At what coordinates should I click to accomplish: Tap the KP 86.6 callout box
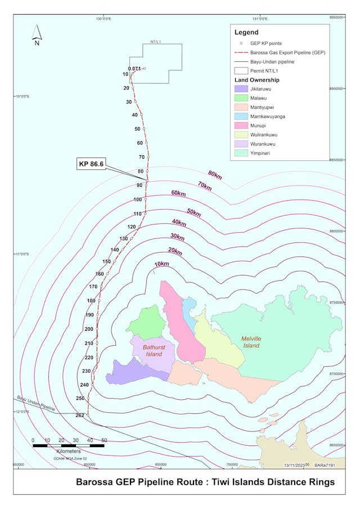tap(92, 164)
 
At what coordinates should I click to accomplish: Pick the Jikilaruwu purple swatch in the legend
tap(243, 89)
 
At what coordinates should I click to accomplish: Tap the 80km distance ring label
tap(215, 176)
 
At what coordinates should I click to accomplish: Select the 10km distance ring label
tap(161, 264)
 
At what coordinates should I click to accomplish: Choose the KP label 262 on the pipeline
tap(79, 415)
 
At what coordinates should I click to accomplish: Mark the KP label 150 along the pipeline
tap(106, 262)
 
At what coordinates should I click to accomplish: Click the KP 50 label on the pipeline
tap(137, 129)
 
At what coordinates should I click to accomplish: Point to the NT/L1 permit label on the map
tap(156, 42)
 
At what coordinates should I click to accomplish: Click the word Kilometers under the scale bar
tap(69, 451)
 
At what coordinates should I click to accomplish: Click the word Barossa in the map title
tap(96, 482)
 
